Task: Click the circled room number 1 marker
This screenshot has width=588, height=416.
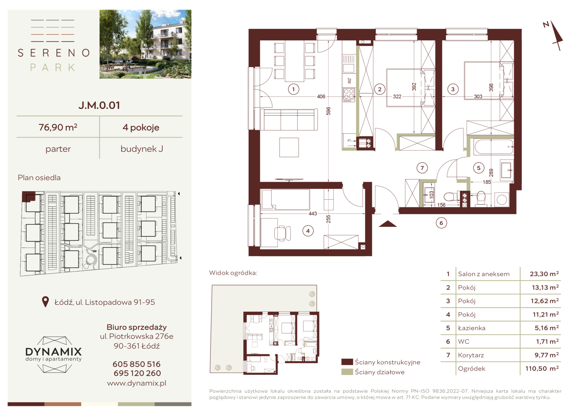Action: coord(294,89)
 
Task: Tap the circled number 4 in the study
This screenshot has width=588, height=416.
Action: coord(308,231)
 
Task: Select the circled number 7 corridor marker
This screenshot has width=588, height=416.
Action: coord(422,168)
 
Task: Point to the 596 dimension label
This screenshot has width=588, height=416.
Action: coord(328,111)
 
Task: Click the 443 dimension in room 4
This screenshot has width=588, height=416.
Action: coord(312,214)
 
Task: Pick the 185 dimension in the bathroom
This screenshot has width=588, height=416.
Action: coord(486,182)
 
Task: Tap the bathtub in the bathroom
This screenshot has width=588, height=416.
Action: coord(493,147)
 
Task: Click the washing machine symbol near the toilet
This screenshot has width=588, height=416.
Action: coord(502,200)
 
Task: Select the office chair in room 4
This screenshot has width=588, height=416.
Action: coord(282,233)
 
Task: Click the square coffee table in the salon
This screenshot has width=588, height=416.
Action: coord(289,148)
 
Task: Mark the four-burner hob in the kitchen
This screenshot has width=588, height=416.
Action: coord(349,95)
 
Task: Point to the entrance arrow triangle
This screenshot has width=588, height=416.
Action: coord(388,224)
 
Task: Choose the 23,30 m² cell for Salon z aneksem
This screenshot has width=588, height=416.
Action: coord(544,274)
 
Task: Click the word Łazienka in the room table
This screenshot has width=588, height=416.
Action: coord(471,328)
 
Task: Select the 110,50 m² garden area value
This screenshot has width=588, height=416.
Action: coord(542,369)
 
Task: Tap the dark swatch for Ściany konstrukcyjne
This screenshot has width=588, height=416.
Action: coord(347,362)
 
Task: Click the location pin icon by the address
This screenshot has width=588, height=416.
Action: coord(45,302)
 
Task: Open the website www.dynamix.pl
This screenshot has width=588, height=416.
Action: coord(137,383)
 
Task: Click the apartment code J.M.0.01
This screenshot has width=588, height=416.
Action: coord(99,106)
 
